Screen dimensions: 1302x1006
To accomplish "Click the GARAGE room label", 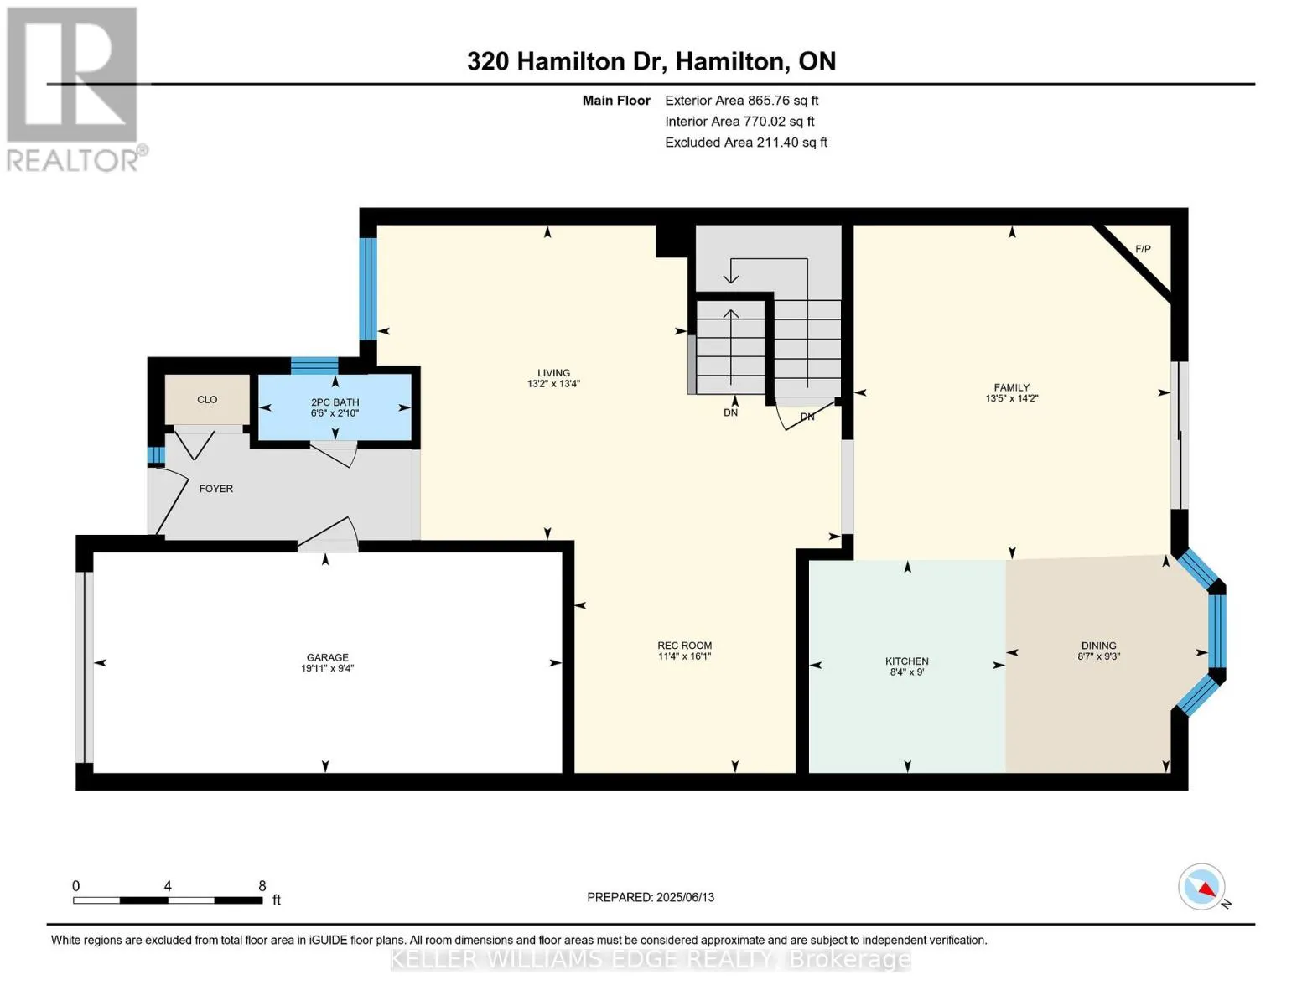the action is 327,657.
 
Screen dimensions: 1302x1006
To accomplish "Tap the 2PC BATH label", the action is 335,402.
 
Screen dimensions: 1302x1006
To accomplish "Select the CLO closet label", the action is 207,400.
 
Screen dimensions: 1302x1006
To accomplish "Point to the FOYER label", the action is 215,489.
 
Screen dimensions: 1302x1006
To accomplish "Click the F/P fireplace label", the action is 1144,249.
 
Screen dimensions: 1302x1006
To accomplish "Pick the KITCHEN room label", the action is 907,661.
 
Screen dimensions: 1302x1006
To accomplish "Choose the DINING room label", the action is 1099,646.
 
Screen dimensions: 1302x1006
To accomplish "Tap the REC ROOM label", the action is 685,646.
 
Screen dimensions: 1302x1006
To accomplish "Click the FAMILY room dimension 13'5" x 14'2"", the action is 1012,398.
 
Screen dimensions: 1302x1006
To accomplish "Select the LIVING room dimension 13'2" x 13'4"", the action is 553,383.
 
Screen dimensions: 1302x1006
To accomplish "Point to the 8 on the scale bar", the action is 262,885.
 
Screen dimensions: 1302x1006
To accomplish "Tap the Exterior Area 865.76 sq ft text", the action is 742,100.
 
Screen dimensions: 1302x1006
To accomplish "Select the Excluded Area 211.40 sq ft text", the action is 746,142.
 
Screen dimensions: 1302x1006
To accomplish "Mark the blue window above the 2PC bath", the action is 314,365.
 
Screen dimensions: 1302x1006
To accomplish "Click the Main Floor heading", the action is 616,100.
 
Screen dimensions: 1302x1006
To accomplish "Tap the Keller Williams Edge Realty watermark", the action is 651,959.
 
